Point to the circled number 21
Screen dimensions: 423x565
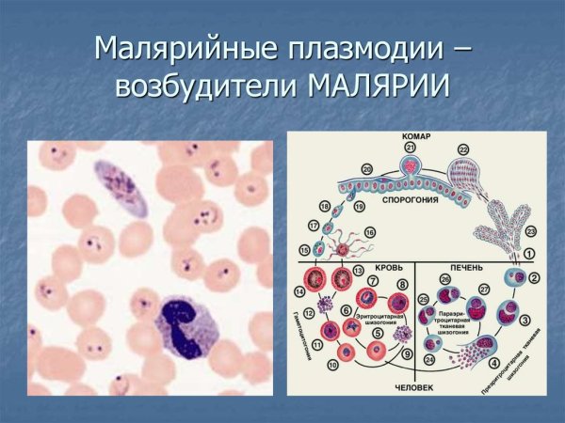(410, 148)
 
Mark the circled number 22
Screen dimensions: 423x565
(463, 150)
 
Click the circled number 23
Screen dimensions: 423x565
(531, 230)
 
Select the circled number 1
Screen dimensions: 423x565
(528, 253)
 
